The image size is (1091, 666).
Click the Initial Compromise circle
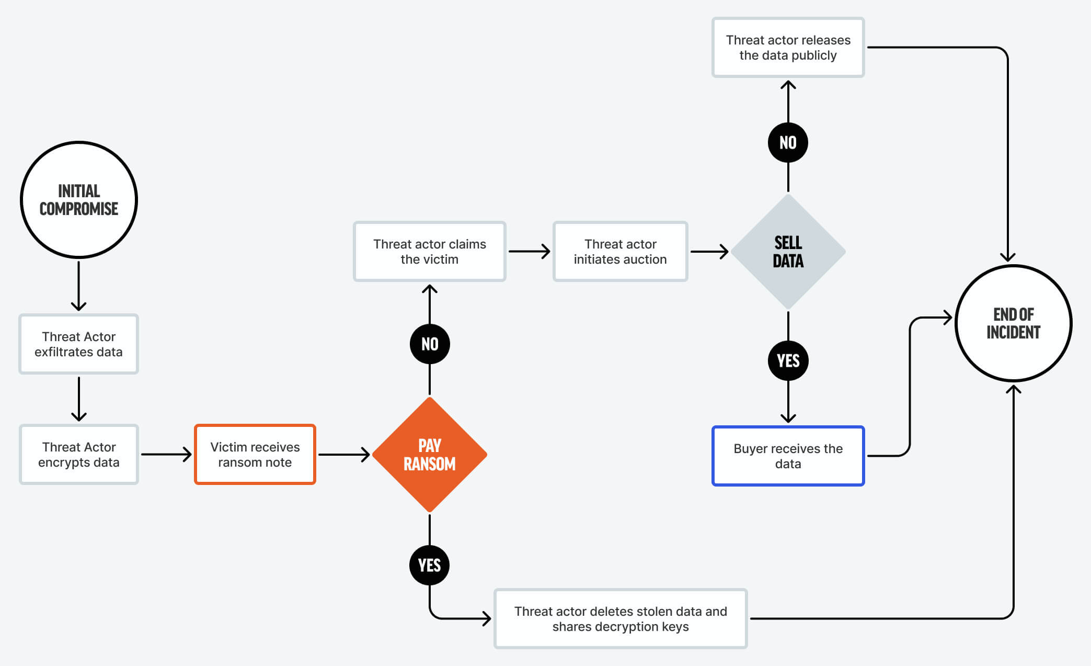coord(79,200)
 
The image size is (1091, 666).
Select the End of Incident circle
coord(1013,323)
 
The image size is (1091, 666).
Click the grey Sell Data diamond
coord(788,252)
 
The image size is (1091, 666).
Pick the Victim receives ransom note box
coord(255,454)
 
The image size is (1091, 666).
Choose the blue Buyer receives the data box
coord(788,456)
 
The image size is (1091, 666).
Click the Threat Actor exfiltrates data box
coord(79,344)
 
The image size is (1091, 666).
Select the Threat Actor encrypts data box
coord(79,454)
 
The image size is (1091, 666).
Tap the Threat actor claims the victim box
coord(430,252)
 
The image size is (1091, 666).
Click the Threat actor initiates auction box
coord(620,252)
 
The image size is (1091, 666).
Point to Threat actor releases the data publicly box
coord(788,48)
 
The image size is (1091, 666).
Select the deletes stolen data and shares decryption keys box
coord(620,618)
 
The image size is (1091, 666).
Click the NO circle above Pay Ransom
coord(430,344)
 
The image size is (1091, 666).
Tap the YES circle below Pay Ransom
coord(430,565)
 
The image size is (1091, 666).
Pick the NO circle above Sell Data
coord(788,142)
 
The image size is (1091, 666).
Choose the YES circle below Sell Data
coord(788,360)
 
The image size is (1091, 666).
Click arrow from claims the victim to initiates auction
coord(529,252)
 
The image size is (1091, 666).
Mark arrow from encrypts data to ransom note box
coord(166,454)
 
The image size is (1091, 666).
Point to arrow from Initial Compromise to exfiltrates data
coord(79,286)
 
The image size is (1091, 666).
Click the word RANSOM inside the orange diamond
coord(430,464)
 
